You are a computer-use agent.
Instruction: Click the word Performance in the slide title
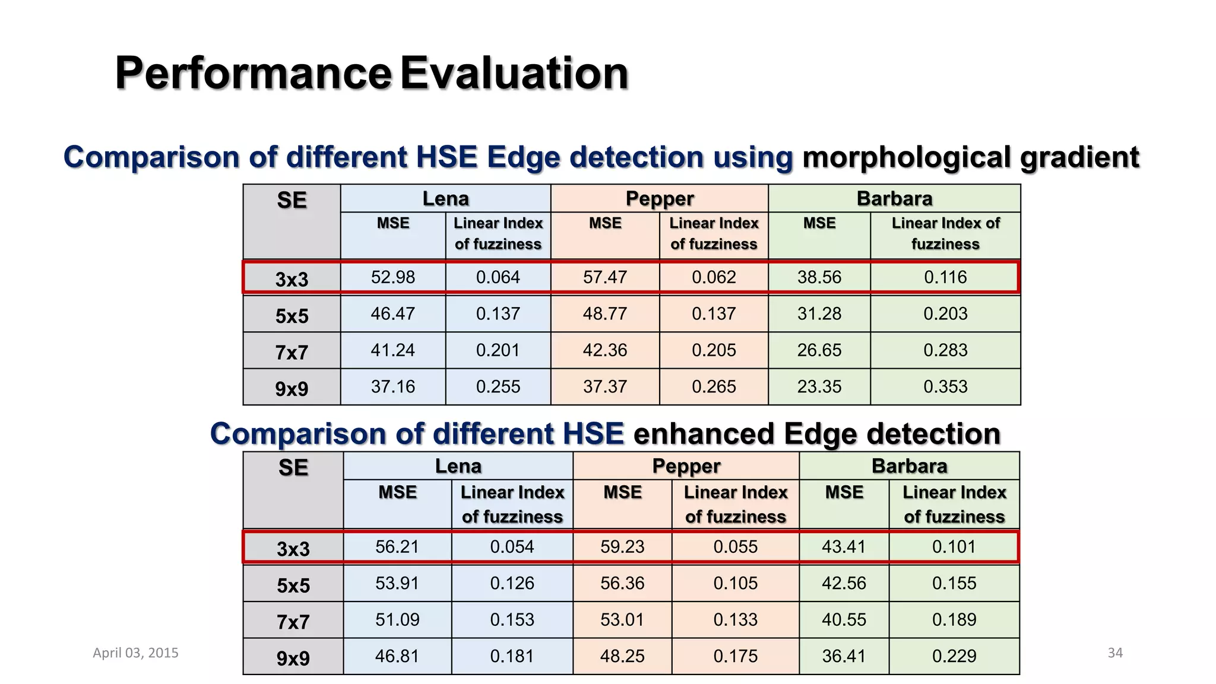click(253, 73)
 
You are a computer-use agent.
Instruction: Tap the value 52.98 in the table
click(392, 277)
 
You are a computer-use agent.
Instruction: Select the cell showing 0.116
click(945, 277)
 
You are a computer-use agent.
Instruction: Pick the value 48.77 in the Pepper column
click(604, 313)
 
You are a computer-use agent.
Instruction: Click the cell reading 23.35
click(819, 387)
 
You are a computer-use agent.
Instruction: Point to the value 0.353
click(945, 387)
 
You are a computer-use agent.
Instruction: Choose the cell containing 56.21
click(397, 547)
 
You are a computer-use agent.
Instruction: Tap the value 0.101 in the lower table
click(954, 547)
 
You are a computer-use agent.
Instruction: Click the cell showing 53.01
click(622, 620)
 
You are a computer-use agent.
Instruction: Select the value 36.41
click(844, 656)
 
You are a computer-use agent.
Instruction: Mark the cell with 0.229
click(954, 656)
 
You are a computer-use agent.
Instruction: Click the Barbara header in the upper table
click(894, 198)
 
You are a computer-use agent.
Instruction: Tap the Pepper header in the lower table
click(686, 466)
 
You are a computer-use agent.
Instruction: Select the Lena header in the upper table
click(445, 198)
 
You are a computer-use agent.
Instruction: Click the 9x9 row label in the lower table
click(293, 658)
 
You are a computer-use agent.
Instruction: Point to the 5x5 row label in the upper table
click(292, 315)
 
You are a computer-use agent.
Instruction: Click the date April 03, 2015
click(135, 653)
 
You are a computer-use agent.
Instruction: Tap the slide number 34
click(1115, 653)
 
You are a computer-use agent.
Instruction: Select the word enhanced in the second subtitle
click(704, 434)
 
